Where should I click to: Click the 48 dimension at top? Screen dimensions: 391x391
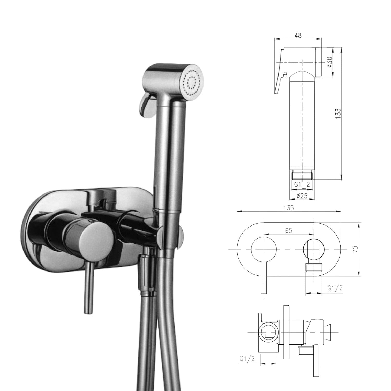298,36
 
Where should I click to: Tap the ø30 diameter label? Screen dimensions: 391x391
329,62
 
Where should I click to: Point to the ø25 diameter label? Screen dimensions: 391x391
302,196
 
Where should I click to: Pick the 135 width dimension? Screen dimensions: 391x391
289,208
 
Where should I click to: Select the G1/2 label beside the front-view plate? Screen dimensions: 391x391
335,288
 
